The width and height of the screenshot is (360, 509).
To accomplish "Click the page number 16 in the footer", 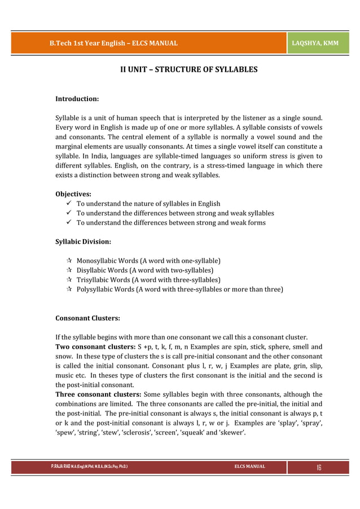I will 319,467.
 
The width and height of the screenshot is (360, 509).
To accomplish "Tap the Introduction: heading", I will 77,99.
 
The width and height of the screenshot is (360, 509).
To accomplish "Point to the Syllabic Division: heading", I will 83,242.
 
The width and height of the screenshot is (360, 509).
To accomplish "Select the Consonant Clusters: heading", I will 87,318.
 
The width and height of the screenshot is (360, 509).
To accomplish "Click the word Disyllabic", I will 94,270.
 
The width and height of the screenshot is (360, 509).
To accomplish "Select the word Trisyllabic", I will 95,280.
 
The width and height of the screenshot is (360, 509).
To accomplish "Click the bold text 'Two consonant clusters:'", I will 95,346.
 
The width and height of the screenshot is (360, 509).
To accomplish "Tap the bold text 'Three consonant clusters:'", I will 98,394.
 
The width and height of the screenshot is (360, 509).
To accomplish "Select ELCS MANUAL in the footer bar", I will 250,467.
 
